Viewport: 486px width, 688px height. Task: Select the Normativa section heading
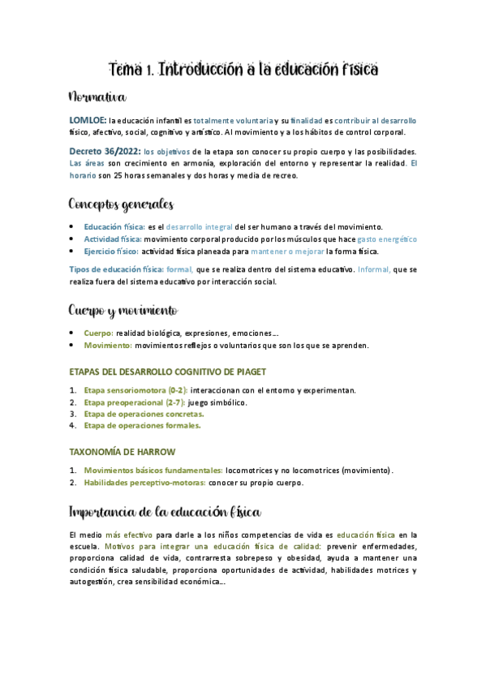point(97,98)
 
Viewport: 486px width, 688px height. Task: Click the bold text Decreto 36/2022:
point(105,151)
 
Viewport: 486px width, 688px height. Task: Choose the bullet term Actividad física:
point(113,239)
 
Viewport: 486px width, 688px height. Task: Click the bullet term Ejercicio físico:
point(112,252)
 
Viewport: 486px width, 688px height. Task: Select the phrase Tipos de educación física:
point(115,269)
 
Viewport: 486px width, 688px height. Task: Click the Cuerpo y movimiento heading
point(123,311)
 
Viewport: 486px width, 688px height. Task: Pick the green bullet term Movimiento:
point(108,345)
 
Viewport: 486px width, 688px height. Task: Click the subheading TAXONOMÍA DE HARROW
point(123,451)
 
